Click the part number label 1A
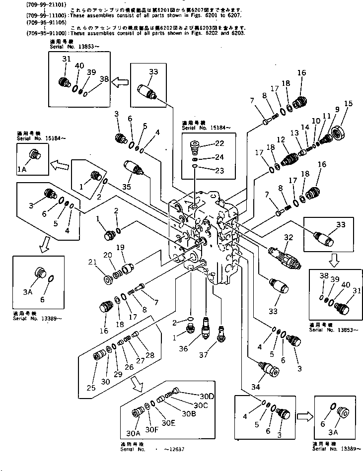[23, 169]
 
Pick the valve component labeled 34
[269, 370]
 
